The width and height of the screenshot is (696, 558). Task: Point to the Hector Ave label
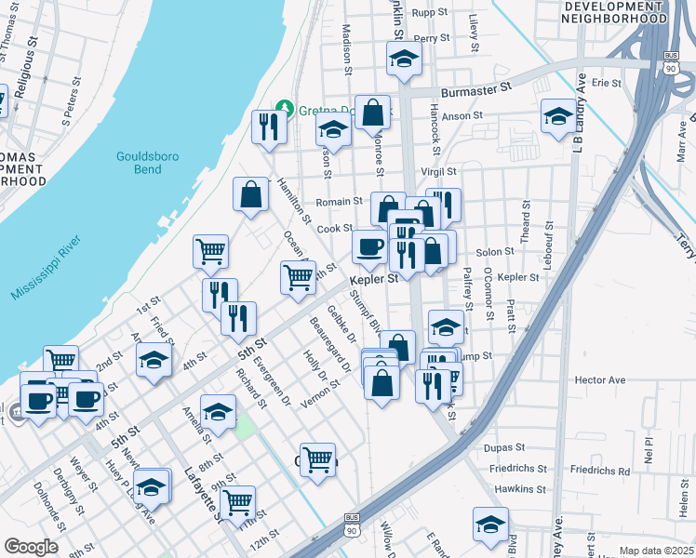600,380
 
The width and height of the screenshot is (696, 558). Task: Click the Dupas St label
505,447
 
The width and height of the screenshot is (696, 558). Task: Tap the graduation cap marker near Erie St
557,116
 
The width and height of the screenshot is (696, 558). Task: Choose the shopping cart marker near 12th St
238,502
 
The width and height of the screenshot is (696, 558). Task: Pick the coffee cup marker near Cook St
369,246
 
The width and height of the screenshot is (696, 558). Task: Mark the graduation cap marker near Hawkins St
490,524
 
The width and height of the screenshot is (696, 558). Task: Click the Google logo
31,546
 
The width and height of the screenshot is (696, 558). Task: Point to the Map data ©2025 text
655,551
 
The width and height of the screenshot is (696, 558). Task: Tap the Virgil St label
438,172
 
